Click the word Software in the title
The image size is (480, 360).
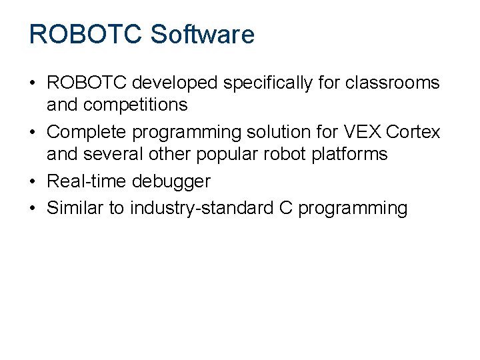(203, 35)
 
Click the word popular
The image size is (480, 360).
(229, 154)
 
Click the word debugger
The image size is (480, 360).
(171, 181)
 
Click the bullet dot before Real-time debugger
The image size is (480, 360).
(32, 181)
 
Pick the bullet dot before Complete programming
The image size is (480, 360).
(32, 132)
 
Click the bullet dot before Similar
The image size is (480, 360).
(32, 208)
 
